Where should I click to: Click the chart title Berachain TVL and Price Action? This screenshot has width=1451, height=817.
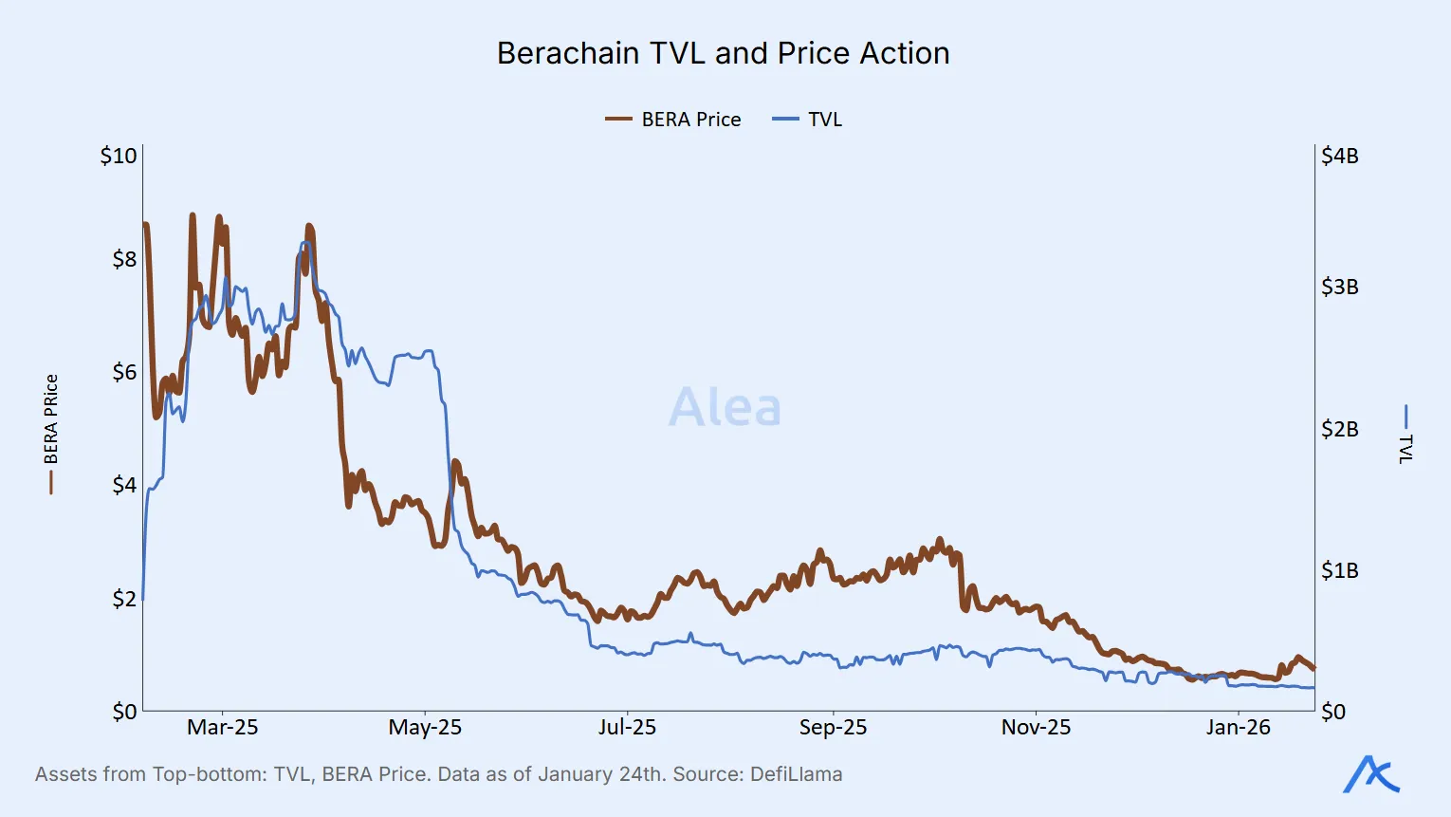(723, 54)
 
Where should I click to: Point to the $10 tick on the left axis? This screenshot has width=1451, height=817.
(119, 156)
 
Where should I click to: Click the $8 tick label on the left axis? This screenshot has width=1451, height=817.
(124, 259)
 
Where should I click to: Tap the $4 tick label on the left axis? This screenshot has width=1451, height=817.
(124, 485)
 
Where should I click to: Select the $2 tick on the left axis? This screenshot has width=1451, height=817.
(124, 599)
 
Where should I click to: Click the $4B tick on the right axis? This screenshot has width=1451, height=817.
(1339, 156)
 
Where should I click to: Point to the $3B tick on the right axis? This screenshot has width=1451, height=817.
(1339, 287)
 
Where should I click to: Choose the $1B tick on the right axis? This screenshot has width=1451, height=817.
(1339, 570)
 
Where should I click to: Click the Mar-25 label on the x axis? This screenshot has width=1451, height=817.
(222, 728)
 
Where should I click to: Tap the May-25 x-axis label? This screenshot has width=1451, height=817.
(425, 728)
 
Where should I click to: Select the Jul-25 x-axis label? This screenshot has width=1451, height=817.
(627, 728)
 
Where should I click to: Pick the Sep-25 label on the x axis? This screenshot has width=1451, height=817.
(833, 728)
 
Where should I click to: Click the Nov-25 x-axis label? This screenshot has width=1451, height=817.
(1036, 728)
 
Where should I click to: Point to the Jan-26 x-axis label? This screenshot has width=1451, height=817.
(1238, 728)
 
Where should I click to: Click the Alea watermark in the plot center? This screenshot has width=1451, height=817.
(725, 408)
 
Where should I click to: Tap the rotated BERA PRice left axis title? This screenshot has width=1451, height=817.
(51, 419)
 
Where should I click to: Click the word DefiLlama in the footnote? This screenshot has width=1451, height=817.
(796, 774)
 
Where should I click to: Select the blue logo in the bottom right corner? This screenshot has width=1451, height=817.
(1371, 774)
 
